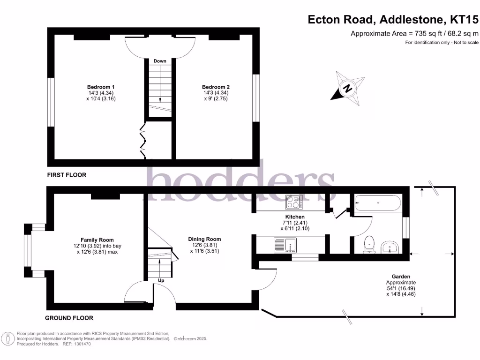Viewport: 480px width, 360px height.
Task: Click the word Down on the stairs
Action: [x=160, y=61]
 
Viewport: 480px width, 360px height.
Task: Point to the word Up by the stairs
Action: [x=161, y=280]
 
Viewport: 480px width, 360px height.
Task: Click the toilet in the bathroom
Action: [x=370, y=244]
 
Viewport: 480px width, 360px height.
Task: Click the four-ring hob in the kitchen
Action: [x=294, y=202]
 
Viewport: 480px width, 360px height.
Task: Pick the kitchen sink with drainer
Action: [x=284, y=245]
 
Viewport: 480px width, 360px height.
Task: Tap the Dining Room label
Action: [x=204, y=239]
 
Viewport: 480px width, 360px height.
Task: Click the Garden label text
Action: [x=401, y=277]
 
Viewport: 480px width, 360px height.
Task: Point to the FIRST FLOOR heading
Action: [x=67, y=175]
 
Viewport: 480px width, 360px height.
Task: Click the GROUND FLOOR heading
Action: [x=69, y=318]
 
